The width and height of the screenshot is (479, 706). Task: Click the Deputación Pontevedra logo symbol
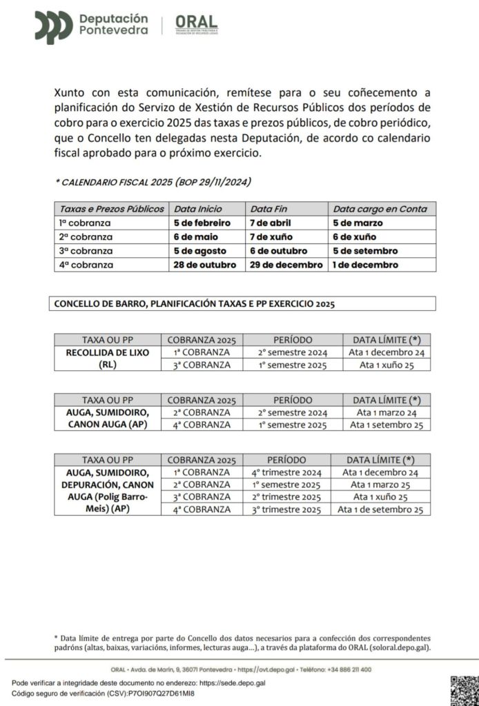click(54, 27)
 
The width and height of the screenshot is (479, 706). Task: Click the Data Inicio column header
click(198, 209)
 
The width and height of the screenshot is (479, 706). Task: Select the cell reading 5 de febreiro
click(202, 223)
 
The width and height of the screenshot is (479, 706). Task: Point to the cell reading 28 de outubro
click(205, 265)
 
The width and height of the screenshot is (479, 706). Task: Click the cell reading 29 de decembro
click(286, 265)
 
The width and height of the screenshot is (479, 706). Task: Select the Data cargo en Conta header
click(380, 209)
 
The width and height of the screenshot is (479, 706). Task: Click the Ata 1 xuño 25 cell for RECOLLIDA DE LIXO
click(387, 365)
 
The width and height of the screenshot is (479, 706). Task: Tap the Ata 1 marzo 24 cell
click(387, 412)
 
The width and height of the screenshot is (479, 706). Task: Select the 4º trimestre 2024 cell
click(286, 472)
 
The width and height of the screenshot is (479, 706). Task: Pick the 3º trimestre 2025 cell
click(286, 510)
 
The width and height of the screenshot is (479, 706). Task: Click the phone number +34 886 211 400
click(346, 669)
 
